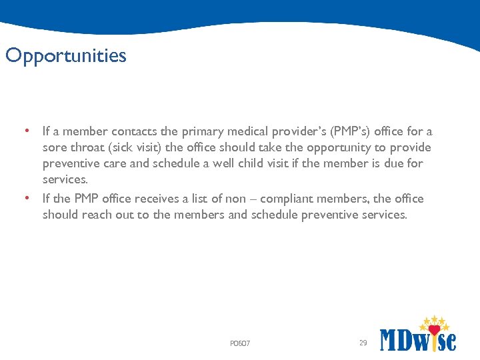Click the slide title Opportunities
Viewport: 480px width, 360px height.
click(x=65, y=56)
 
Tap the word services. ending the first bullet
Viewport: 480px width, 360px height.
click(x=65, y=179)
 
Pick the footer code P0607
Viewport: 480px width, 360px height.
click(x=240, y=343)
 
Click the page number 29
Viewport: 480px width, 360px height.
click(x=363, y=343)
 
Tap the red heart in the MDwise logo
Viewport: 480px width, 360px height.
click(x=435, y=330)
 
